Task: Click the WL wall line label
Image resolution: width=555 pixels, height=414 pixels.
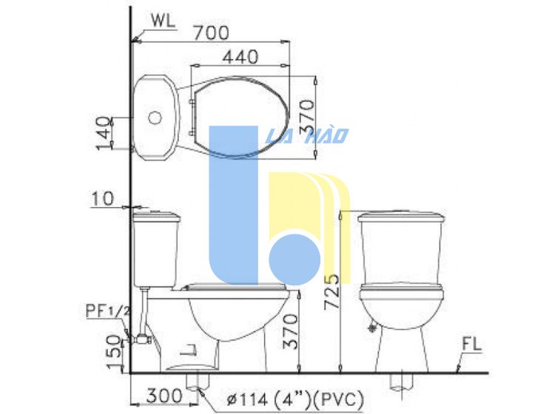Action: [163, 21]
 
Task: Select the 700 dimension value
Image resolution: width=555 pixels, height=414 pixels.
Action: [212, 33]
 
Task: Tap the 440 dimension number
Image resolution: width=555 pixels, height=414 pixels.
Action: [240, 57]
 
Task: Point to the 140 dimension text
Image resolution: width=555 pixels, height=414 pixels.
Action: [104, 133]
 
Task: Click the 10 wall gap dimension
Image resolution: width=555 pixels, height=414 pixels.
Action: [103, 199]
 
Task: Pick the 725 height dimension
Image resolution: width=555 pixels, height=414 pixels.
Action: [332, 292]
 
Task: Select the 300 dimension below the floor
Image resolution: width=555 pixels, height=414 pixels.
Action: [164, 396]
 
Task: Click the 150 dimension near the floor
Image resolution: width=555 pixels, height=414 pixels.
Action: [114, 352]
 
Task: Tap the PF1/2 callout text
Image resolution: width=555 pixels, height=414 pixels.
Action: [108, 311]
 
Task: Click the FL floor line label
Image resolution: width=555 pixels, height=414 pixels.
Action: [472, 345]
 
